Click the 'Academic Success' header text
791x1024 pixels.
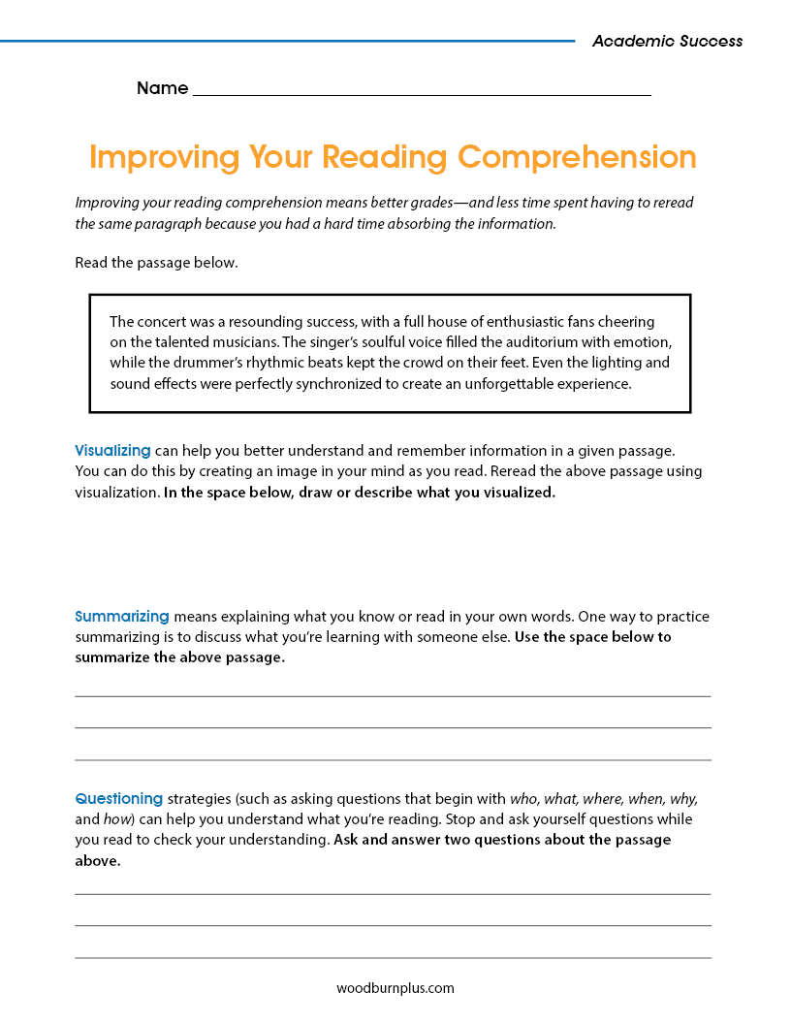[x=667, y=41]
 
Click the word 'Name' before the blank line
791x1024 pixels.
[x=162, y=88]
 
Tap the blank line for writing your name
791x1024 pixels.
[x=422, y=94]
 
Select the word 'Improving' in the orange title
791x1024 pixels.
[x=165, y=157]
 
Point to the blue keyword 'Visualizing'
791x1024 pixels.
[x=112, y=450]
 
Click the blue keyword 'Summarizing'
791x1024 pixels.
[x=122, y=616]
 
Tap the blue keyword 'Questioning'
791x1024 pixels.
[x=119, y=798]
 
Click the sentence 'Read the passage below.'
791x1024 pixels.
[x=155, y=263]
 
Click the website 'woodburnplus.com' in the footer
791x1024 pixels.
[x=395, y=988]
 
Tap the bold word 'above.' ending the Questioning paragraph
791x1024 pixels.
[x=98, y=859]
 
